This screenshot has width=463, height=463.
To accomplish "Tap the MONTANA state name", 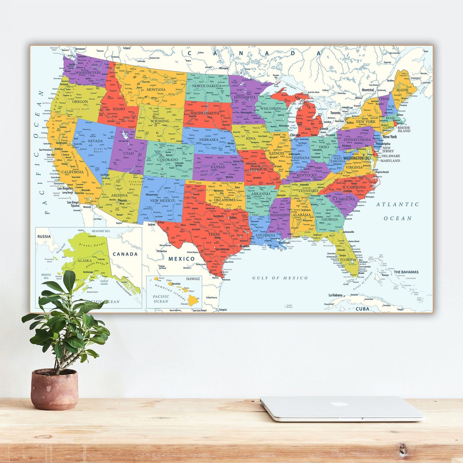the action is [x=156, y=90].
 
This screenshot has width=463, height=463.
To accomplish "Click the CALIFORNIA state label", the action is [x=72, y=172].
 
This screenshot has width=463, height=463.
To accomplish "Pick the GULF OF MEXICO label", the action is [x=280, y=278].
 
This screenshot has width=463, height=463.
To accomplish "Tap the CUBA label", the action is [x=362, y=309].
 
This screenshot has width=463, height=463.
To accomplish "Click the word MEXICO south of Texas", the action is [x=181, y=259].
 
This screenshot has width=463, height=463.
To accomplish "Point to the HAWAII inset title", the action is [x=193, y=279].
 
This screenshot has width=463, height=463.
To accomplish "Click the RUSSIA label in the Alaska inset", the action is [x=44, y=236].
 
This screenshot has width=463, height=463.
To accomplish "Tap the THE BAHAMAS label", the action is [x=406, y=272].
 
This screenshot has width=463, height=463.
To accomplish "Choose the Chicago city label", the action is [x=295, y=135].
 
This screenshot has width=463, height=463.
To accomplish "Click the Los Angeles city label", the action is [x=65, y=188].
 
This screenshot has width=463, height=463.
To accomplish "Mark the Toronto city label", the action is [x=335, y=113].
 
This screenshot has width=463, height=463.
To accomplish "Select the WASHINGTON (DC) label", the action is [x=357, y=158].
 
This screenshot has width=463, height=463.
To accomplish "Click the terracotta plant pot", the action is [x=54, y=389].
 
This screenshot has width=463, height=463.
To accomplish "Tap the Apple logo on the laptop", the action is [x=339, y=404].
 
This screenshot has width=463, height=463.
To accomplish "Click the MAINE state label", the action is [x=402, y=90].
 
